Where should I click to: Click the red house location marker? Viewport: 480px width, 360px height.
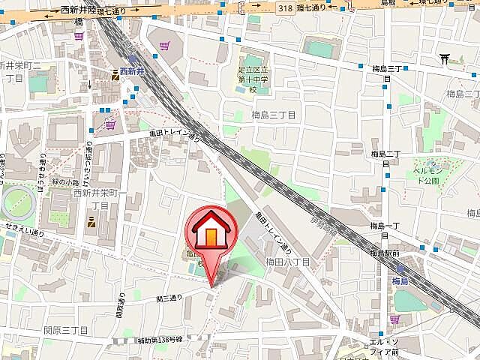pyautogui.click(x=211, y=232)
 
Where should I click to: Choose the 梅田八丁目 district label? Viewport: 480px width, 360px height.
pyautogui.click(x=287, y=262)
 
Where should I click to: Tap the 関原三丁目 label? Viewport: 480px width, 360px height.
pyautogui.click(x=66, y=330)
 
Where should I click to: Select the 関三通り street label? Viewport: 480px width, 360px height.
pyautogui.click(x=169, y=298)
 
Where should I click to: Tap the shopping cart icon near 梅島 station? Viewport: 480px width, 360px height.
pyautogui.click(x=394, y=320)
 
